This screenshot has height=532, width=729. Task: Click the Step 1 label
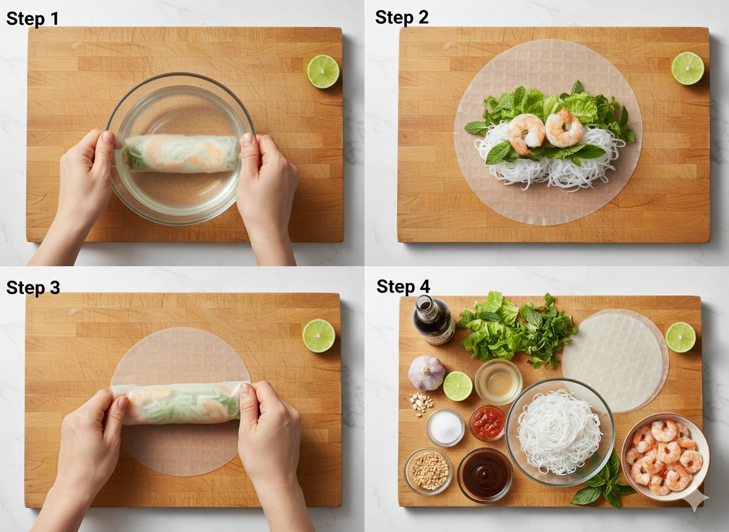tap(33, 19)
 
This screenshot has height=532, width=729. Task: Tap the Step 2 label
tap(401, 18)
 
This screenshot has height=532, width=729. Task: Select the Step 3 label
tap(33, 288)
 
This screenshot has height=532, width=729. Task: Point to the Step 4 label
tap(403, 286)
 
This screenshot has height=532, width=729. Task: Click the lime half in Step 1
tap(323, 71)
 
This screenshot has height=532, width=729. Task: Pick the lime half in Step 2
tap(688, 68)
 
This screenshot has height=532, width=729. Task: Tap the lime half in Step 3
tap(319, 336)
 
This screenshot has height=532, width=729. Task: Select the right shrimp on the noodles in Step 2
tap(564, 128)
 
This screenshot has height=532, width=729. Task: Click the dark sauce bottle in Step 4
tap(433, 320)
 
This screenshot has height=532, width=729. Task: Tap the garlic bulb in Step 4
tap(426, 373)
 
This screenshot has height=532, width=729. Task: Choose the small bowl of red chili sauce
tap(488, 423)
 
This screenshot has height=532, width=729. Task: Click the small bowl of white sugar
tap(445, 427)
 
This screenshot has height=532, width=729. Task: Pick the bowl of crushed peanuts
tap(428, 470)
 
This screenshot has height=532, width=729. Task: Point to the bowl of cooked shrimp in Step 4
tap(666, 457)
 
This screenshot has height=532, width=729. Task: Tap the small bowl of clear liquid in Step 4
tap(498, 381)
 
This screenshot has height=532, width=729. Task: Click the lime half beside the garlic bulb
tap(458, 386)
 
